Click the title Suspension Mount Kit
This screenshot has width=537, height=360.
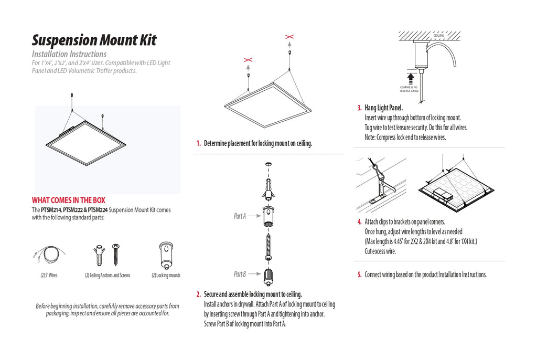pyautogui.click(x=94, y=40)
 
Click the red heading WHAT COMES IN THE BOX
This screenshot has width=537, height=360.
pyautogui.click(x=69, y=200)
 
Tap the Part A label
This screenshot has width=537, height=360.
pyautogui.click(x=240, y=216)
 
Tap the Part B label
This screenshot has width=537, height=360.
pyautogui.click(x=240, y=274)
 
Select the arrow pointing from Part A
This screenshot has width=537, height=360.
pyautogui.click(x=255, y=216)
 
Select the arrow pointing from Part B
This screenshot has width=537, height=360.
pyautogui.click(x=255, y=274)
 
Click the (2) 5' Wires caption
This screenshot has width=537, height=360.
pyautogui.click(x=49, y=276)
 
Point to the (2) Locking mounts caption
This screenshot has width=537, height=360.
pyautogui.click(x=166, y=276)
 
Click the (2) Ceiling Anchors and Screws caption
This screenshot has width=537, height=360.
pyautogui.click(x=108, y=276)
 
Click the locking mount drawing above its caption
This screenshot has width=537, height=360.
pyautogui.click(x=166, y=256)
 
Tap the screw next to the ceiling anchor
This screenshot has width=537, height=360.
pyautogui.click(x=116, y=255)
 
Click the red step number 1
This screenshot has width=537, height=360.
pyautogui.click(x=198, y=143)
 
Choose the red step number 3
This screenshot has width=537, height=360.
pyautogui.click(x=359, y=108)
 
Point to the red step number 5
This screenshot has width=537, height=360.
pyautogui.click(x=359, y=274)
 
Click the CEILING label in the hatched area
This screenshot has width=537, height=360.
pyautogui.click(x=439, y=36)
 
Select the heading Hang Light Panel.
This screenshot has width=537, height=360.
pyautogui.click(x=383, y=108)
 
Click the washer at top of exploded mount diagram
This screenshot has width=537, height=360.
pyautogui.click(x=268, y=165)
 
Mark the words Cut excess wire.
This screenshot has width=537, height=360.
pyautogui.click(x=380, y=251)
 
